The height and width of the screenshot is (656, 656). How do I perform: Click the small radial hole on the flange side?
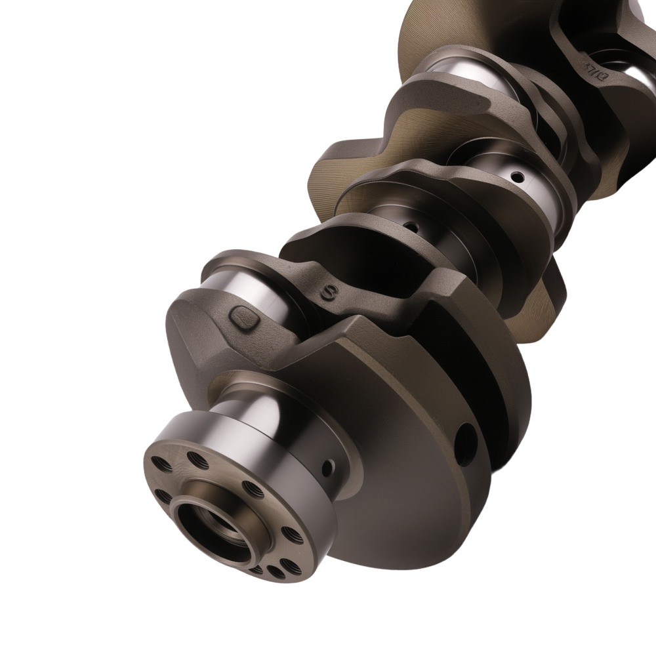click(x=327, y=468)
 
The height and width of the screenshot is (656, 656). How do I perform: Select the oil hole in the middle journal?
click(x=410, y=227)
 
